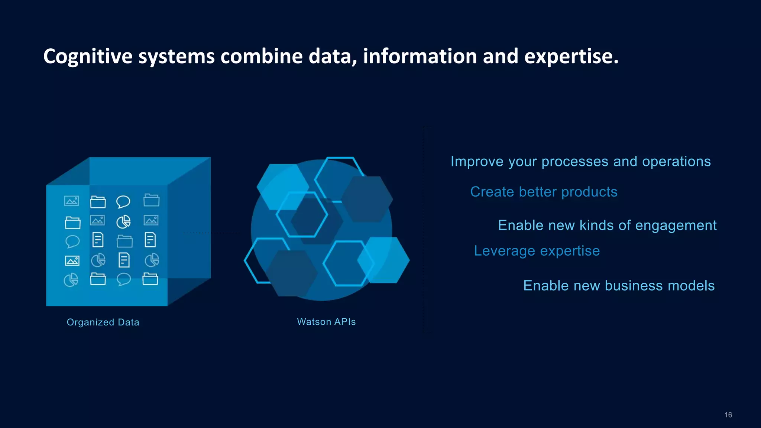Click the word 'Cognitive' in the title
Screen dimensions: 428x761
tap(88, 56)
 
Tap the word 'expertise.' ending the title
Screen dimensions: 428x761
tap(571, 56)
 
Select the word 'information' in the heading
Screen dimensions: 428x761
tap(420, 56)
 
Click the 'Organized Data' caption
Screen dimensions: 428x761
tap(103, 322)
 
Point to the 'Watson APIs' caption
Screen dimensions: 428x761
tap(326, 322)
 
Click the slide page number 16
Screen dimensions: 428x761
tap(728, 415)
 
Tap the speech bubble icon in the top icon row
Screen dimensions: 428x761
tap(123, 202)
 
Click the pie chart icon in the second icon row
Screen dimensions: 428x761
tap(123, 222)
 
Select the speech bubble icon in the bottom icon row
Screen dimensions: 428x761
tap(123, 279)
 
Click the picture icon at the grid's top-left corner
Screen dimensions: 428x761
tap(71, 201)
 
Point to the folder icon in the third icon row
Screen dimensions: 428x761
tap(124, 241)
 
